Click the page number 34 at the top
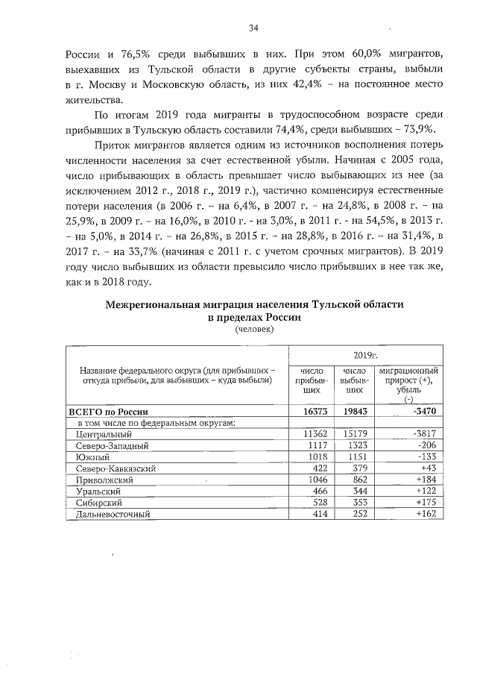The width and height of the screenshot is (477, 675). pos(253,28)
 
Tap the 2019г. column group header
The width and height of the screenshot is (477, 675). pos(365,356)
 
